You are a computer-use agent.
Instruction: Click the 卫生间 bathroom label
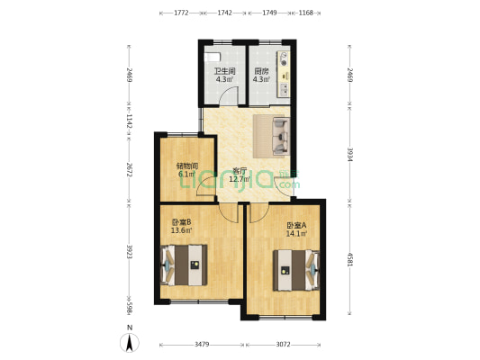(x=224, y=71)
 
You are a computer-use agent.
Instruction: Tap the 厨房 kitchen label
(x=261, y=71)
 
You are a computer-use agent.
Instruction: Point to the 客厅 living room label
(x=240, y=170)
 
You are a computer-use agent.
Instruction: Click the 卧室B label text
(x=181, y=221)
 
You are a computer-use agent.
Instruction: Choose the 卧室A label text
(x=296, y=226)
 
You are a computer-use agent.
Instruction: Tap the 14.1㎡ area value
(x=296, y=234)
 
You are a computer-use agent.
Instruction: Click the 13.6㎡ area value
(x=181, y=229)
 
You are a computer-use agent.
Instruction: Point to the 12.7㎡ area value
(x=240, y=178)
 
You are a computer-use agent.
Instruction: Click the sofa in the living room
(x=271, y=134)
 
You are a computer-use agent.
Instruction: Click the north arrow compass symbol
(x=130, y=342)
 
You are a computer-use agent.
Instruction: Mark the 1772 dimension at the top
(x=181, y=13)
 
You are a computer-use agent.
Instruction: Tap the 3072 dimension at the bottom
(x=284, y=344)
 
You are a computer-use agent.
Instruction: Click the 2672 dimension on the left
(x=129, y=171)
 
